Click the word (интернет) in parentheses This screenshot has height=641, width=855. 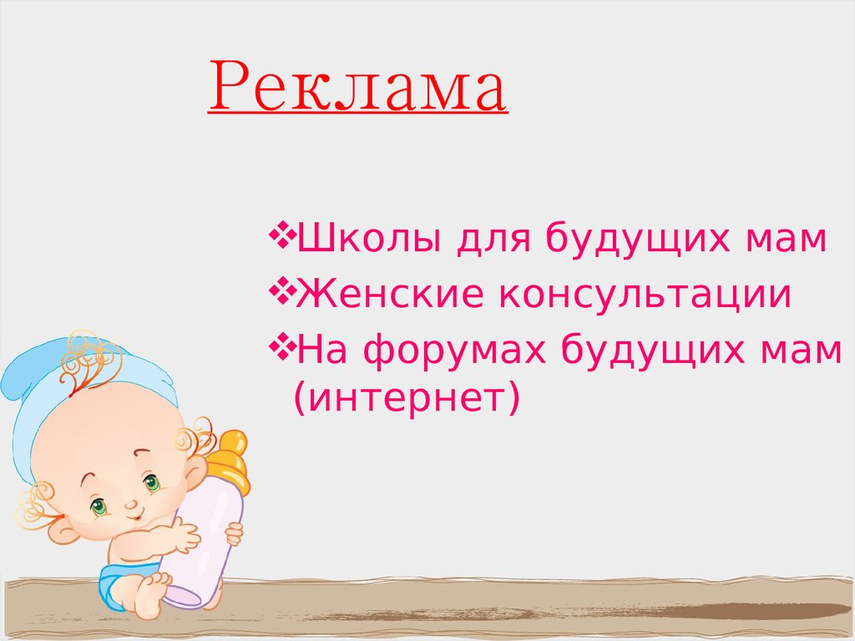tap(407, 396)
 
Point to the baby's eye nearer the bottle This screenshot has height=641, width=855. tap(151, 482)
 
